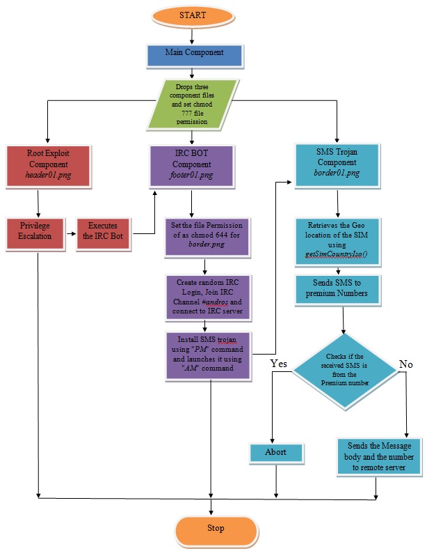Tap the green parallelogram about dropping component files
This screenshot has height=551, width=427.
pyautogui.click(x=193, y=104)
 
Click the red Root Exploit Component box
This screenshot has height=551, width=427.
pyautogui.click(x=49, y=166)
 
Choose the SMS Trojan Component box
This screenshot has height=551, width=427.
pyautogui.click(x=337, y=166)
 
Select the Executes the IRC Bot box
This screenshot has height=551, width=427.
pyautogui.click(x=104, y=231)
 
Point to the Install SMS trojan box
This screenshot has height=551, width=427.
pyautogui.click(x=204, y=355)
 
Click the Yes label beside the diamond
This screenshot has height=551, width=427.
pyautogui.click(x=278, y=364)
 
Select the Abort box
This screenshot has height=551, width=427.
pyautogui.click(x=276, y=452)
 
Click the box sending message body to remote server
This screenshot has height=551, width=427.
pyautogui.click(x=379, y=456)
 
